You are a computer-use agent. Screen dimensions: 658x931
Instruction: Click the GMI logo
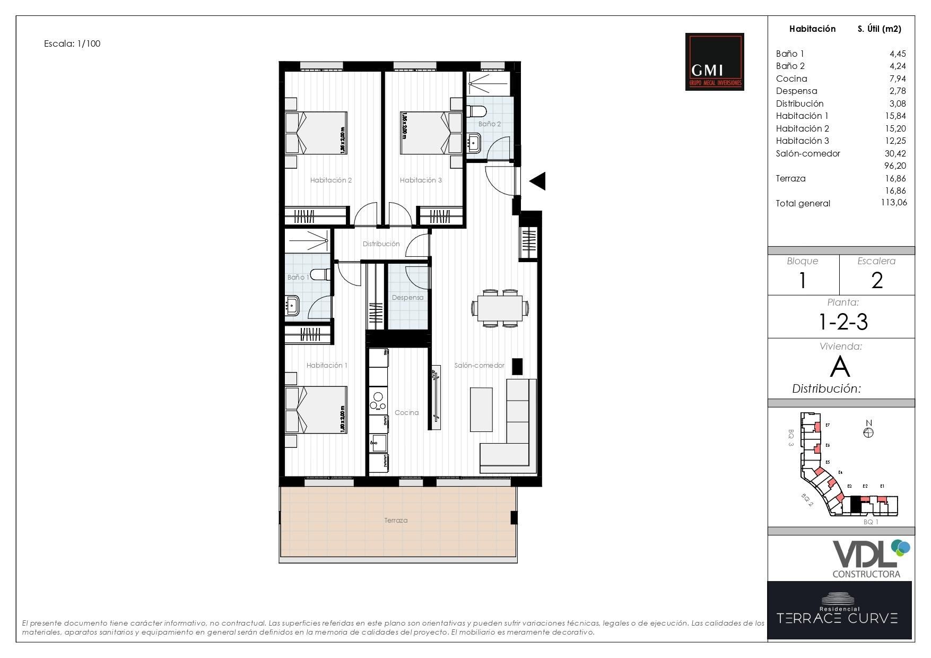pyautogui.click(x=714, y=62)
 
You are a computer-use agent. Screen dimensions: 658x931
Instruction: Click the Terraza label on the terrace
pyautogui.click(x=396, y=521)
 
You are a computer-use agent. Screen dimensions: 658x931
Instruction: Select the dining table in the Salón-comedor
pyautogui.click(x=500, y=308)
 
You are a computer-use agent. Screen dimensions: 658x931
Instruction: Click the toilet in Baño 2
pyautogui.click(x=476, y=112)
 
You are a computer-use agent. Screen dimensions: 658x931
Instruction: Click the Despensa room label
pyautogui.click(x=407, y=298)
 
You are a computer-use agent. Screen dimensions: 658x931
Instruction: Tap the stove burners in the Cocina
pyautogui.click(x=378, y=401)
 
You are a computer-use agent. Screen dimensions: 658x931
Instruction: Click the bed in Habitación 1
pyautogui.click(x=316, y=409)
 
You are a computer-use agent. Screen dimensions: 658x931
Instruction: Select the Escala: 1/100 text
pyautogui.click(x=72, y=44)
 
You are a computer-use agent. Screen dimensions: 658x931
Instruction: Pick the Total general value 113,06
pyautogui.click(x=893, y=202)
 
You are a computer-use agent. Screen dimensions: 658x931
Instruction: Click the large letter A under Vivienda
pyautogui.click(x=840, y=367)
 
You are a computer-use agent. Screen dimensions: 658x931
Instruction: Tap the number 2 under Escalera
pyautogui.click(x=876, y=280)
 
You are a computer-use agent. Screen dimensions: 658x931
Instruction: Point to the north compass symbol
pyautogui.click(x=868, y=432)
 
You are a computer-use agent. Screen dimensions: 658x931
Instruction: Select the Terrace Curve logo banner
pyautogui.click(x=839, y=610)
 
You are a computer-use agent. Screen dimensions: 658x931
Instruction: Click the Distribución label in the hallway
pyautogui.click(x=381, y=244)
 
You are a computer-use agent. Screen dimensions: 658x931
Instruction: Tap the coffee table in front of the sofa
pyautogui.click(x=481, y=410)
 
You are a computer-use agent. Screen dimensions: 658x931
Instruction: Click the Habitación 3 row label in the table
pyautogui.click(x=802, y=141)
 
